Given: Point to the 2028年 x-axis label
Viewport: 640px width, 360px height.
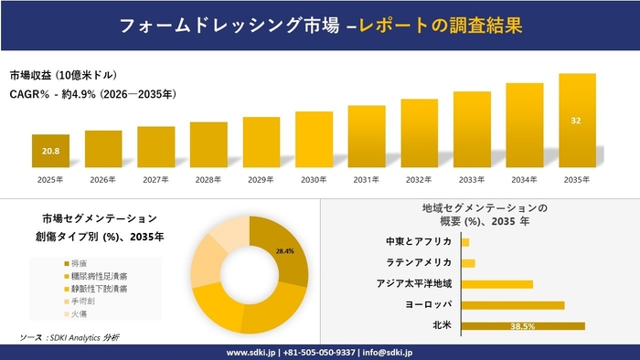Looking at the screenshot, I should pyautogui.click(x=208, y=179).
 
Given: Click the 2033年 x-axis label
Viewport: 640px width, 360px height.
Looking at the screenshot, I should pyautogui.click(x=472, y=179).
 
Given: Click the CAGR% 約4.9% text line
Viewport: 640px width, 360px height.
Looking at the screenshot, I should pyautogui.click(x=93, y=93).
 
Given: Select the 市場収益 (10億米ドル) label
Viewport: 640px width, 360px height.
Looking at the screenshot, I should pyautogui.click(x=64, y=75).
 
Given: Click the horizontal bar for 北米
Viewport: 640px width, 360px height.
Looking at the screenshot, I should pyautogui.click(x=522, y=325).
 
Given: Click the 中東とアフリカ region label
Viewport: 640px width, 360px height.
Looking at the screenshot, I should pyautogui.click(x=419, y=242).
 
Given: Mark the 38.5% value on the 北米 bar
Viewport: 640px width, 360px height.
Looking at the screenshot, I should pyautogui.click(x=522, y=325).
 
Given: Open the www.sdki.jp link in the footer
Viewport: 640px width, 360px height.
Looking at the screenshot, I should pyautogui.click(x=251, y=353).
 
